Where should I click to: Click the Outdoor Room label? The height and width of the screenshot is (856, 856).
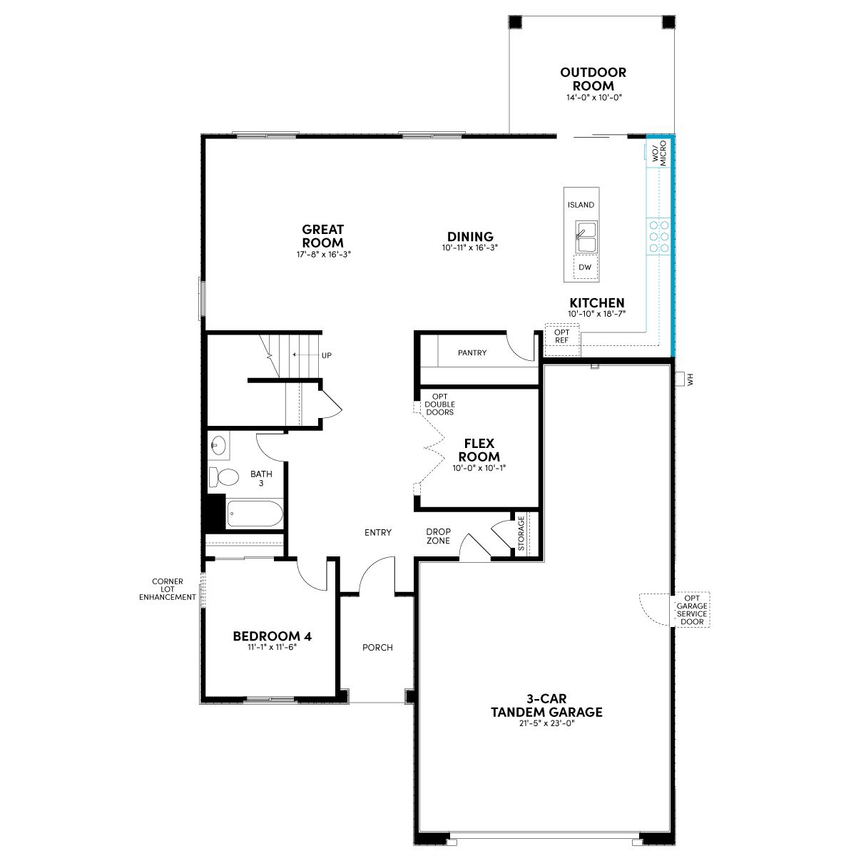tap(593, 78)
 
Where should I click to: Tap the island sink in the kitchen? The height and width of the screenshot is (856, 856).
tap(586, 236)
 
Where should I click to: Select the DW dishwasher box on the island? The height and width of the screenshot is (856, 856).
tap(585, 267)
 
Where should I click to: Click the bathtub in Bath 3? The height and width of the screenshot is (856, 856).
tap(255, 513)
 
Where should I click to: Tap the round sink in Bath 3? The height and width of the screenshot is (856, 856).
tap(218, 444)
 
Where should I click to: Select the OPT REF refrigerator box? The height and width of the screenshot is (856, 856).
tap(562, 340)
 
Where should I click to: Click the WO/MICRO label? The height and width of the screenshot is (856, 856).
tap(660, 153)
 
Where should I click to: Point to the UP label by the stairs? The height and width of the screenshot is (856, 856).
tap(327, 355)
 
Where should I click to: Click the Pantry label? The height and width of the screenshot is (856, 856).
tap(472, 352)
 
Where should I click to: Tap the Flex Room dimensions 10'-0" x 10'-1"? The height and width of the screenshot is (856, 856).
tap(479, 468)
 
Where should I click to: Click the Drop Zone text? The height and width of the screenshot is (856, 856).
tap(439, 536)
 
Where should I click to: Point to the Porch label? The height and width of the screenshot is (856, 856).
tap(377, 647)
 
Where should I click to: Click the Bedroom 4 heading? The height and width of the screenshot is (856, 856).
tap(272, 636)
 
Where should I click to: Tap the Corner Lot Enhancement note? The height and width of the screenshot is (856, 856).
tap(168, 589)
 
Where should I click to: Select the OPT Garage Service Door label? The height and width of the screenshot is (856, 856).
tap(692, 610)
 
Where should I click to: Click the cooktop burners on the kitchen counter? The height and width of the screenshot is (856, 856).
tap(659, 236)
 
